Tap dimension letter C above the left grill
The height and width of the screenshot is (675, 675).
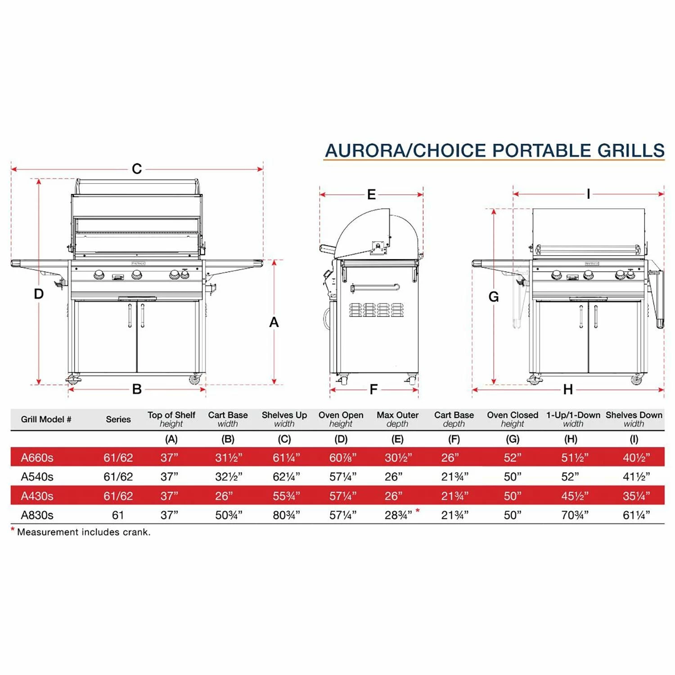pyautogui.click(x=137, y=169)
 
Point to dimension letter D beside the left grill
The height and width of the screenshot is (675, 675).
pyautogui.click(x=39, y=294)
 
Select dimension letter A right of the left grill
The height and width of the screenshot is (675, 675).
pyautogui.click(x=274, y=322)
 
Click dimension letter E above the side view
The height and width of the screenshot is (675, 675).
pyautogui.click(x=371, y=194)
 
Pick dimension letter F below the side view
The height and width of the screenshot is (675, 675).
pyautogui.click(x=373, y=389)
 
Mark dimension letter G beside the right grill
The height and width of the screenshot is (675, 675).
pyautogui.click(x=494, y=297)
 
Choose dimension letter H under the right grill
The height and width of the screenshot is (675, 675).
pyautogui.click(x=568, y=389)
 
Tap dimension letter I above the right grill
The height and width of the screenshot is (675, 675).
pyautogui.click(x=588, y=194)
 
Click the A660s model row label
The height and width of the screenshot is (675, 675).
pyautogui.click(x=37, y=458)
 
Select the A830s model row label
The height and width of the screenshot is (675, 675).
pyautogui.click(x=37, y=515)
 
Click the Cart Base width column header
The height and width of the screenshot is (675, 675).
pyautogui.click(x=228, y=419)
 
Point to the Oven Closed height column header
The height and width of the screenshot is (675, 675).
pyautogui.click(x=512, y=419)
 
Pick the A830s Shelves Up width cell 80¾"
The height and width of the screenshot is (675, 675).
pyautogui.click(x=286, y=515)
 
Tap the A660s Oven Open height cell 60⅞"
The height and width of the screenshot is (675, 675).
pyautogui.click(x=343, y=458)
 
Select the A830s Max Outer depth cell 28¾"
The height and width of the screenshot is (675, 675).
pyautogui.click(x=398, y=515)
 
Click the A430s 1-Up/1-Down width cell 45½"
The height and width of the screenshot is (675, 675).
pyautogui.click(x=575, y=496)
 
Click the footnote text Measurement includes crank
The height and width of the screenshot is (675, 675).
pyautogui.click(x=84, y=532)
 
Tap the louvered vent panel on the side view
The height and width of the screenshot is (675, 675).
pyautogui.click(x=377, y=310)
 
